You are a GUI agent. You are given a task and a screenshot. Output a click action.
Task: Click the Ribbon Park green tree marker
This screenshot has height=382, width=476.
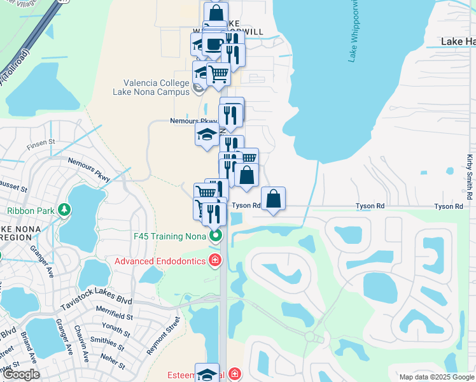(64, 209)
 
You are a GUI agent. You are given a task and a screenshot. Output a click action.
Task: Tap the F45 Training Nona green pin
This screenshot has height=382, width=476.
(216, 236)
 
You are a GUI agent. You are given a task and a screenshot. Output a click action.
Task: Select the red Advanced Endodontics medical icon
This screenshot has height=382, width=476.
(216, 261)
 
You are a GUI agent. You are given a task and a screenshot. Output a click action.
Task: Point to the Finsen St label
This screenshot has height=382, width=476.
(42, 148)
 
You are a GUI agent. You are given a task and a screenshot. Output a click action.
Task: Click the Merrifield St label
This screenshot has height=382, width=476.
(111, 315)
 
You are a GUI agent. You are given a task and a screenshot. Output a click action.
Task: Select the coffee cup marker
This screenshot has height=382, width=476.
(214, 45)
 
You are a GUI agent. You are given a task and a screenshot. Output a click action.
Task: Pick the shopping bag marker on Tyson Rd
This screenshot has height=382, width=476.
(273, 199)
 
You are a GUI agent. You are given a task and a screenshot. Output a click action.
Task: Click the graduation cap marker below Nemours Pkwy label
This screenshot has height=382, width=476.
(206, 135)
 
